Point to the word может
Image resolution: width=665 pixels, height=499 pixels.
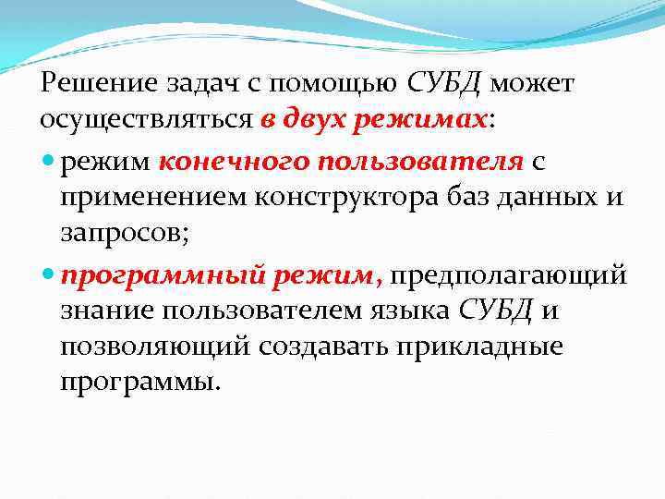[533, 85]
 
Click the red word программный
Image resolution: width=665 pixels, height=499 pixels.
[163, 275]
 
